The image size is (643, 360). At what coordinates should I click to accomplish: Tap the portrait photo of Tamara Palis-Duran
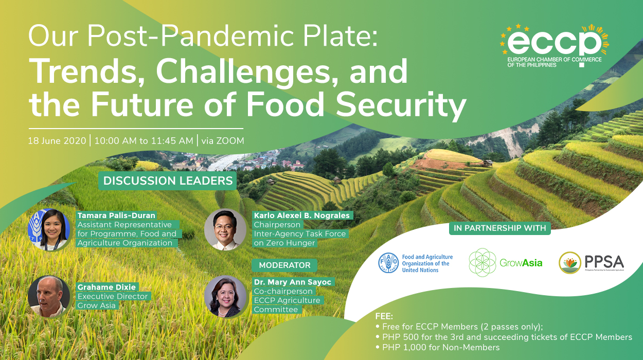[49, 230]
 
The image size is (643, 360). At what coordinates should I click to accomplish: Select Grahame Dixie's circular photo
[49, 297]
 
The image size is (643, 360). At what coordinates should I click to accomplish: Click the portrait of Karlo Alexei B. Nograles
[225, 229]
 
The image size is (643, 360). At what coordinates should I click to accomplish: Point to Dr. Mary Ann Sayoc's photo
[225, 296]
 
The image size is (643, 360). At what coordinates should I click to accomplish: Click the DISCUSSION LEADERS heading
[168, 181]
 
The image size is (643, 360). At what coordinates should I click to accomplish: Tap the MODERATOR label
[284, 265]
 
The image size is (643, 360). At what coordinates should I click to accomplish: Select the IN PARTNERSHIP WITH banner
[499, 228]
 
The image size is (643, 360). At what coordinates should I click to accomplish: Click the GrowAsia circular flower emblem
[482, 262]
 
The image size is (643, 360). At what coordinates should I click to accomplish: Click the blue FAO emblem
[388, 263]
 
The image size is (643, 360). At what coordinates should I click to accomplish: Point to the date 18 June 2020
[57, 140]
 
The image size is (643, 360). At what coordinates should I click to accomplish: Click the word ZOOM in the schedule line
[230, 140]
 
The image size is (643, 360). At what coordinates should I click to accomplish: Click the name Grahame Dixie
[107, 287]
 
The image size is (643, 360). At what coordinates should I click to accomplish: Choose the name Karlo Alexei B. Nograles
[301, 215]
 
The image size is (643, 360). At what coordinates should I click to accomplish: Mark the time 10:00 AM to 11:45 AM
[144, 140]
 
